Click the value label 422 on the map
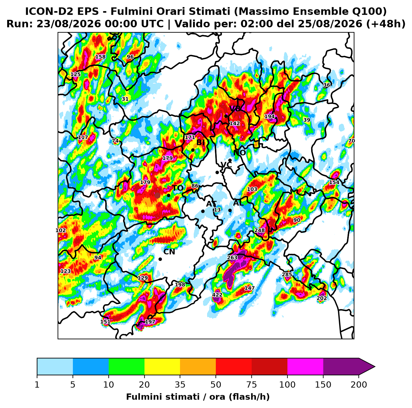217,295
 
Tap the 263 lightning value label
232,258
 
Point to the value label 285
287,275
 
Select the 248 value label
259,230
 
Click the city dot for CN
160,259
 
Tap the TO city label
178,188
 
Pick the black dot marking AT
203,211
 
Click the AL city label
238,203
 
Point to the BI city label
200,142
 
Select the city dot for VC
217,172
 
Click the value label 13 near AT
217,210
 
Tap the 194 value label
269,116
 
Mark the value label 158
100,57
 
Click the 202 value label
322,298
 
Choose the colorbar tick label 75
251,385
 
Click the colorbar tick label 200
358,385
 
